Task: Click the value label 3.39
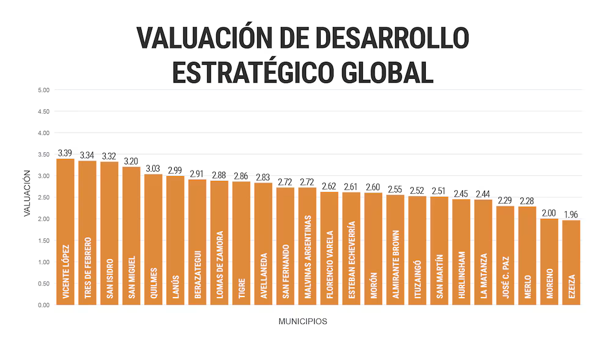pyautogui.click(x=65, y=153)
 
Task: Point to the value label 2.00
pyautogui.click(x=549, y=213)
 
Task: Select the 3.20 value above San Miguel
pyautogui.click(x=131, y=161)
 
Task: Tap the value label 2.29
pyautogui.click(x=505, y=200)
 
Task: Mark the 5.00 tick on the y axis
pyautogui.click(x=43, y=90)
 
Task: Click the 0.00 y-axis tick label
pyautogui.click(x=43, y=304)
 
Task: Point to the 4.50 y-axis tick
pyautogui.click(x=43, y=111)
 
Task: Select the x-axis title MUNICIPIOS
pyautogui.click(x=302, y=321)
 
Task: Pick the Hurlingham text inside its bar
pyautogui.click(x=461, y=274)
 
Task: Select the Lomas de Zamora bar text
pyautogui.click(x=219, y=264)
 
